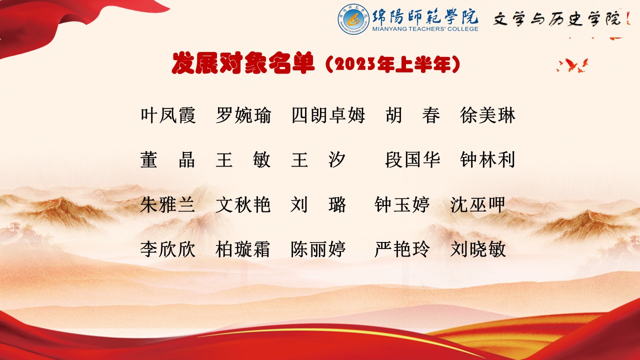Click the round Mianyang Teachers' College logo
click(353, 19)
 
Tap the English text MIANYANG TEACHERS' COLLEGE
click(425, 29)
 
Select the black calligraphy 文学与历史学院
click(557, 19)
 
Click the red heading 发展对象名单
click(243, 63)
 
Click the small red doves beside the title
click(572, 65)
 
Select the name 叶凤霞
click(168, 115)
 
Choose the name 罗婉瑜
click(243, 115)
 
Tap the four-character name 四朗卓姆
click(328, 115)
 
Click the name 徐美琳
click(487, 115)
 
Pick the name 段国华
click(412, 159)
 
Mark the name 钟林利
click(487, 159)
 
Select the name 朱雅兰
click(167, 204)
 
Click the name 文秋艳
click(243, 204)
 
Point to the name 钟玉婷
click(402, 204)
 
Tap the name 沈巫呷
click(477, 204)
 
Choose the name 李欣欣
click(167, 249)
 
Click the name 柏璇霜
click(242, 249)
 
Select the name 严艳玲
click(402, 249)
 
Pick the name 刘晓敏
click(478, 249)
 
